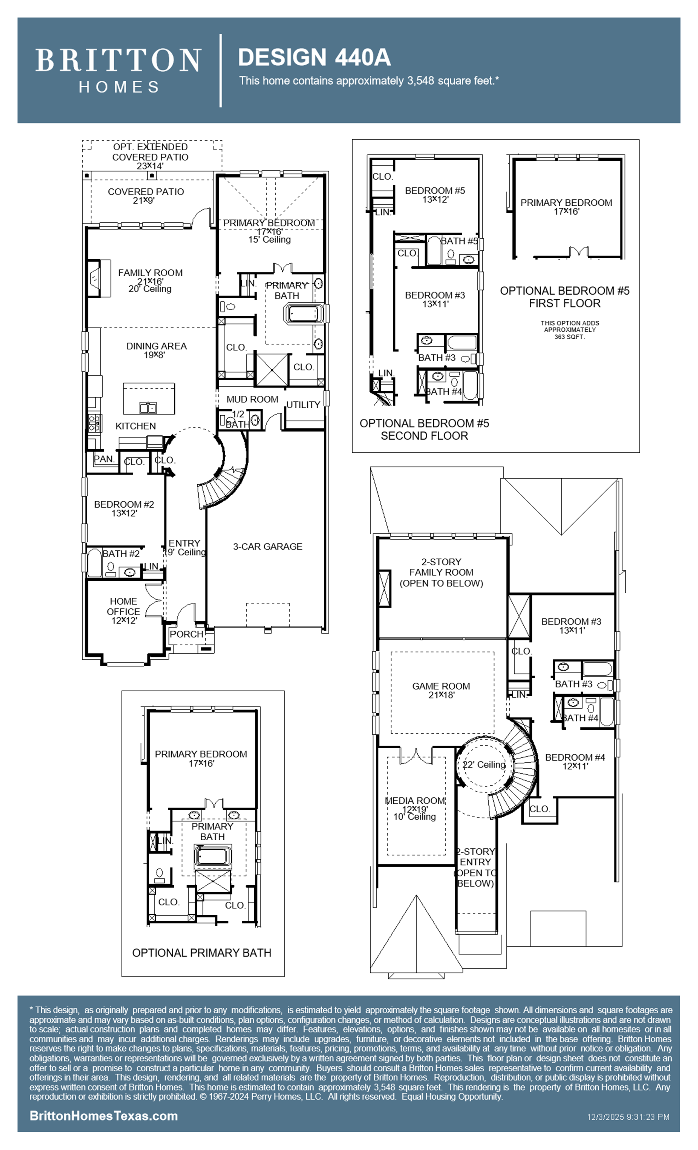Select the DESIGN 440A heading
pos(314,58)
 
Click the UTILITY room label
pos(303,405)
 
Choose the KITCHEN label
pos(136,426)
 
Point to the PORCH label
pos(187,634)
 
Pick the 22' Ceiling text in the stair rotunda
pos(484,764)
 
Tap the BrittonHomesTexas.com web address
pos(103,1115)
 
